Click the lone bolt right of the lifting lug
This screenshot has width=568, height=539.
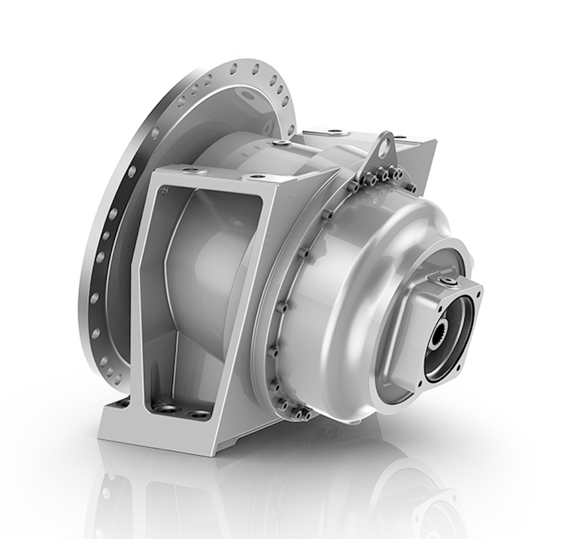(412, 187)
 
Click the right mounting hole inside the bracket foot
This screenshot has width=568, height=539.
(199, 415)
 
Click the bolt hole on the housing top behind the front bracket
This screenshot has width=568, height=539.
(282, 142)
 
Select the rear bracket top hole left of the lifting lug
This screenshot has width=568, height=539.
(335, 131)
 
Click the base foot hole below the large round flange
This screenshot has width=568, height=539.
(124, 402)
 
